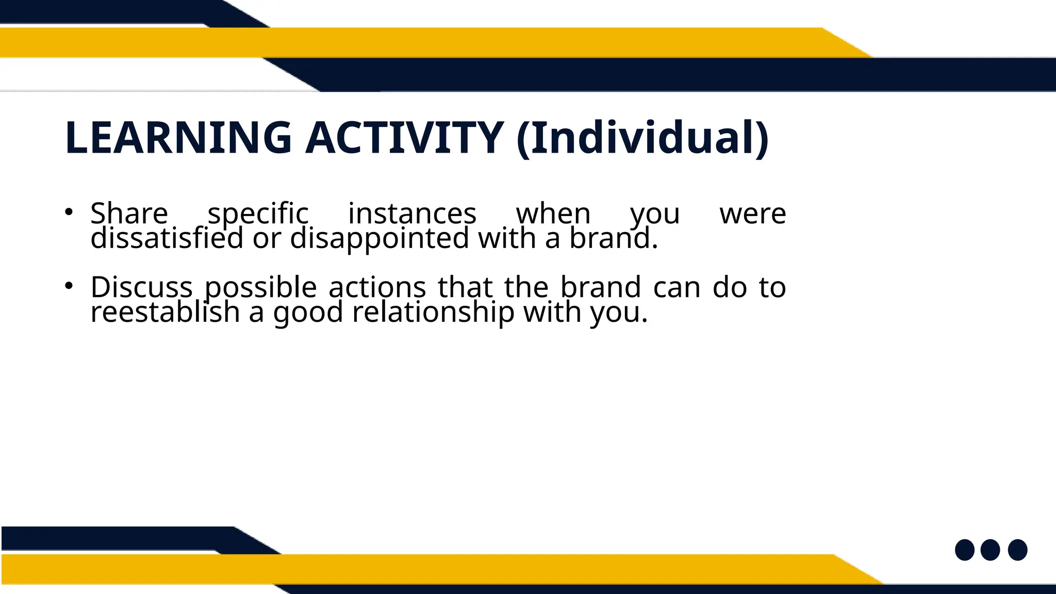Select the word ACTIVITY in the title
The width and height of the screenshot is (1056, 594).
[x=404, y=138]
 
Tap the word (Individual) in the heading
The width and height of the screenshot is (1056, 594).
[x=642, y=138]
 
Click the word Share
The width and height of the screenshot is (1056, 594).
[x=129, y=213]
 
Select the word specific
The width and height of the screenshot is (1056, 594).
[x=258, y=213]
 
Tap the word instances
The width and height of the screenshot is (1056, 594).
[x=412, y=213]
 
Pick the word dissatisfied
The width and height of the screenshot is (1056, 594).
[x=167, y=239]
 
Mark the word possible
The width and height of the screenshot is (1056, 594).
[x=260, y=287]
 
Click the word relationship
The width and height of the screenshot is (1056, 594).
[x=433, y=312]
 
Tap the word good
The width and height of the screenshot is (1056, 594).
[x=308, y=312]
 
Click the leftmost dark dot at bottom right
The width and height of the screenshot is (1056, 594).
[x=964, y=550]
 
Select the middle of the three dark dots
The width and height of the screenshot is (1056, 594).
[x=990, y=550]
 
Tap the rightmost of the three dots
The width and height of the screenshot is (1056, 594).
[x=1017, y=550]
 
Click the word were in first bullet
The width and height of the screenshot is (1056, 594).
[x=752, y=213]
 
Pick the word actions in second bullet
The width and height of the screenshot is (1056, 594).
[x=377, y=287]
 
